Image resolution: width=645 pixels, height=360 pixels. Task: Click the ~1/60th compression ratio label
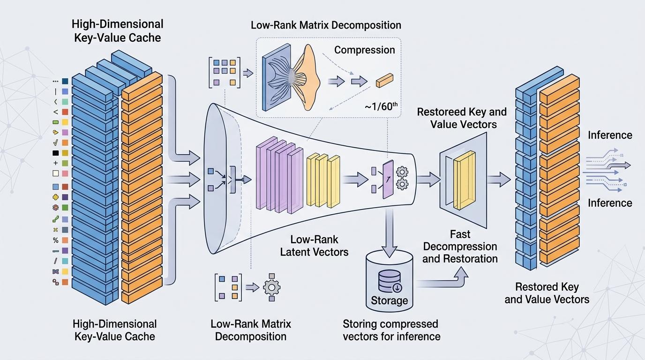(x=381, y=107)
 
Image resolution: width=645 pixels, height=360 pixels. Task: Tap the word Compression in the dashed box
(x=364, y=50)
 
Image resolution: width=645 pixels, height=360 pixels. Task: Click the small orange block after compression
(x=384, y=80)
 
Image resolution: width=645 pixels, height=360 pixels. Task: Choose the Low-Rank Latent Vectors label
(x=314, y=246)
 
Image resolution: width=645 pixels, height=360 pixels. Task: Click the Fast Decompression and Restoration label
(x=460, y=247)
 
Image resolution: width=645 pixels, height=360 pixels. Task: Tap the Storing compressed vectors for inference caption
(x=391, y=330)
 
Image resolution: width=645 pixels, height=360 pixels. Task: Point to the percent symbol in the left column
(x=56, y=240)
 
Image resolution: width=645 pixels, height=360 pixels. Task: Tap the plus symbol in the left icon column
(x=56, y=163)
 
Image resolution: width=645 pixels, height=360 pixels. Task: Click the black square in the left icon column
(x=56, y=153)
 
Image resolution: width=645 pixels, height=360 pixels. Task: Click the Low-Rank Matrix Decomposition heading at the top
(x=326, y=25)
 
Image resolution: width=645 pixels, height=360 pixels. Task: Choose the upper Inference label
(x=610, y=135)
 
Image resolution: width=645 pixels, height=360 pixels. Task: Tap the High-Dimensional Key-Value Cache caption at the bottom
(x=115, y=330)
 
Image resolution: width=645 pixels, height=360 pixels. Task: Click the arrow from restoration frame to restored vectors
(x=499, y=179)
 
